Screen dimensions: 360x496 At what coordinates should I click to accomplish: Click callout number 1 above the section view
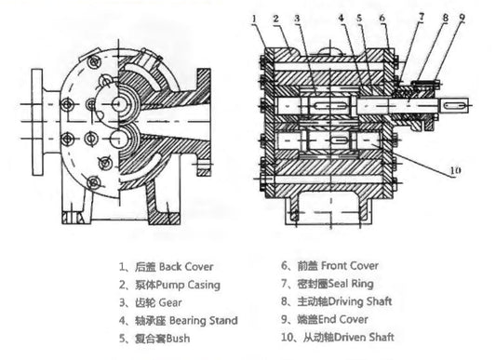pyautogui.click(x=254, y=17)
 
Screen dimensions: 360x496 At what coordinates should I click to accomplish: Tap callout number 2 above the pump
pyautogui.click(x=275, y=17)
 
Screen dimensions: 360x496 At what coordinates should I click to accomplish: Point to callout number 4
pyautogui.click(x=342, y=17)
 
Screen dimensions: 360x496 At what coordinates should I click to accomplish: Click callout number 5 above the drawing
pyautogui.click(x=359, y=17)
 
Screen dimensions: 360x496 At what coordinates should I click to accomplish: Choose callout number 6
pyautogui.click(x=382, y=17)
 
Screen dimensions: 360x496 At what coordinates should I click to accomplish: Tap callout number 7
pyautogui.click(x=421, y=17)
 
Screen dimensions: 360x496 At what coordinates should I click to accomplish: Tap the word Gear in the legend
pyautogui.click(x=174, y=301)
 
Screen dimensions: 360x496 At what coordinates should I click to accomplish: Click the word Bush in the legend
pyautogui.click(x=175, y=339)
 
